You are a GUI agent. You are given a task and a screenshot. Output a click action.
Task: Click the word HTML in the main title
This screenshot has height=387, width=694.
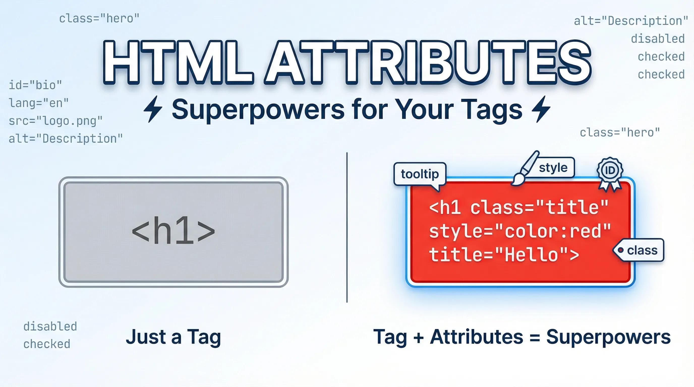click(x=178, y=62)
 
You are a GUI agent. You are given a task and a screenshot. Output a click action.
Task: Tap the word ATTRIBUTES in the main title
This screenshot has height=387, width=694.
click(x=428, y=62)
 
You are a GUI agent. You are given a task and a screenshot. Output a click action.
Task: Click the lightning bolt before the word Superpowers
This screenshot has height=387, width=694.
click(x=153, y=109)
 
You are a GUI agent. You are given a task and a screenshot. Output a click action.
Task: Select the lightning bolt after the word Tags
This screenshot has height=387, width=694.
click(x=541, y=109)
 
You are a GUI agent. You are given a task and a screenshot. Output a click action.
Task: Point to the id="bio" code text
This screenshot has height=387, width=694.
click(x=35, y=85)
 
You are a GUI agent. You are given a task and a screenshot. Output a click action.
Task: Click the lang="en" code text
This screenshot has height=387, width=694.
click(x=39, y=103)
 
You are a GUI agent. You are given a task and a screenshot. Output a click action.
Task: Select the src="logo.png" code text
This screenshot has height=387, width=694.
click(x=55, y=121)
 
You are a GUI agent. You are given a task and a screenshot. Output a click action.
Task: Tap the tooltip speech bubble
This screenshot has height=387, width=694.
click(x=419, y=174)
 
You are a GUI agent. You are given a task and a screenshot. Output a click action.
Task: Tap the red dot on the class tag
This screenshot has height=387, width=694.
click(x=620, y=250)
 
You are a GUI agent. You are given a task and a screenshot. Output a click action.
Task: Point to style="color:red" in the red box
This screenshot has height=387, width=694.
click(x=520, y=232)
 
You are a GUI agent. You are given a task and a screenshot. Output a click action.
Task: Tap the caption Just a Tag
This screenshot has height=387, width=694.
click(x=173, y=337)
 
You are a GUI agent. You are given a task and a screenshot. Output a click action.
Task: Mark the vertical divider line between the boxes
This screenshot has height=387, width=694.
click(x=347, y=228)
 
